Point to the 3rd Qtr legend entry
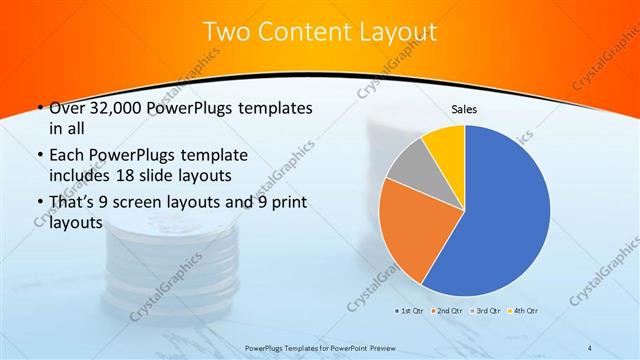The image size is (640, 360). coord(488,310)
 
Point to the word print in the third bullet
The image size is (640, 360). coord(287,202)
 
